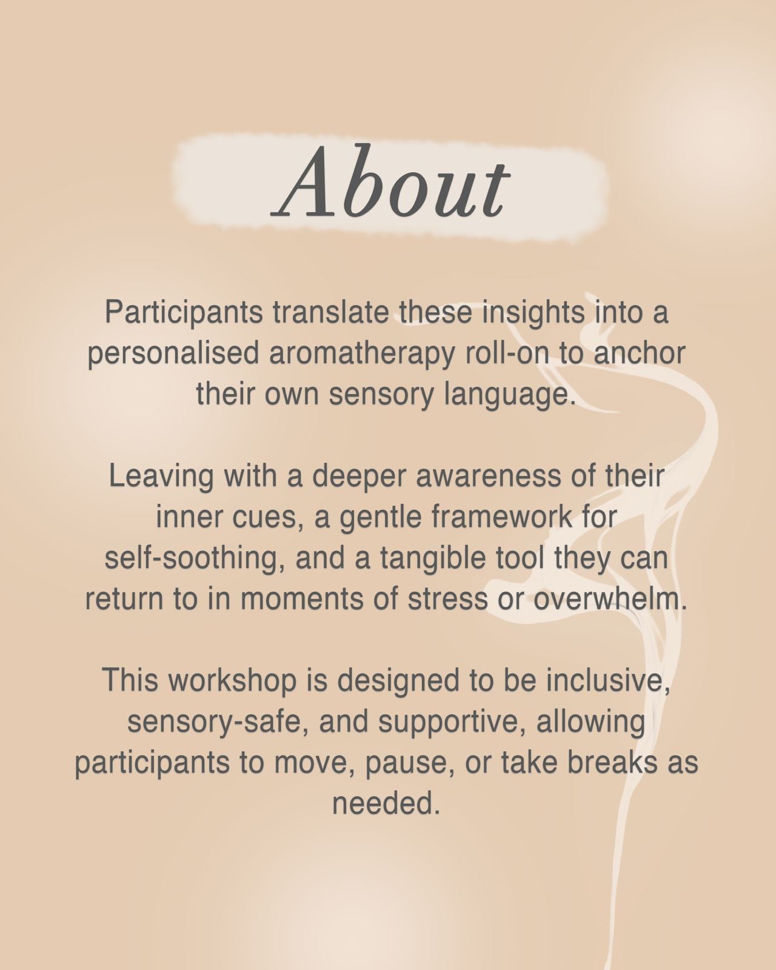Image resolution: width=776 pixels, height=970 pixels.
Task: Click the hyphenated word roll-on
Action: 506,354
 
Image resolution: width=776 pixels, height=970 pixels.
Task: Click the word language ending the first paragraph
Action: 509,395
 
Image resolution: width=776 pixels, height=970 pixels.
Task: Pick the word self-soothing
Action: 194,558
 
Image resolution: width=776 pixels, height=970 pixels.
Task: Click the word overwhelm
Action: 610,599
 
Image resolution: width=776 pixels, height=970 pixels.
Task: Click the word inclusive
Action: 607,680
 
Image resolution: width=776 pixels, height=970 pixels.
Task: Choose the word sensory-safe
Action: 215,721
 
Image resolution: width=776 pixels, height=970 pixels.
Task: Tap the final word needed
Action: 386,803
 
